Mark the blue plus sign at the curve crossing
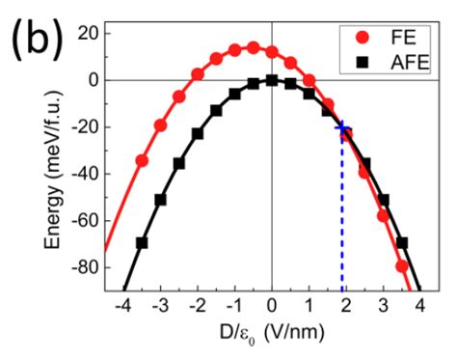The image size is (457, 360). point(341,127)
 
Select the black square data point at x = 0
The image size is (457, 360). point(272,81)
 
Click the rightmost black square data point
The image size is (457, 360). point(402,242)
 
